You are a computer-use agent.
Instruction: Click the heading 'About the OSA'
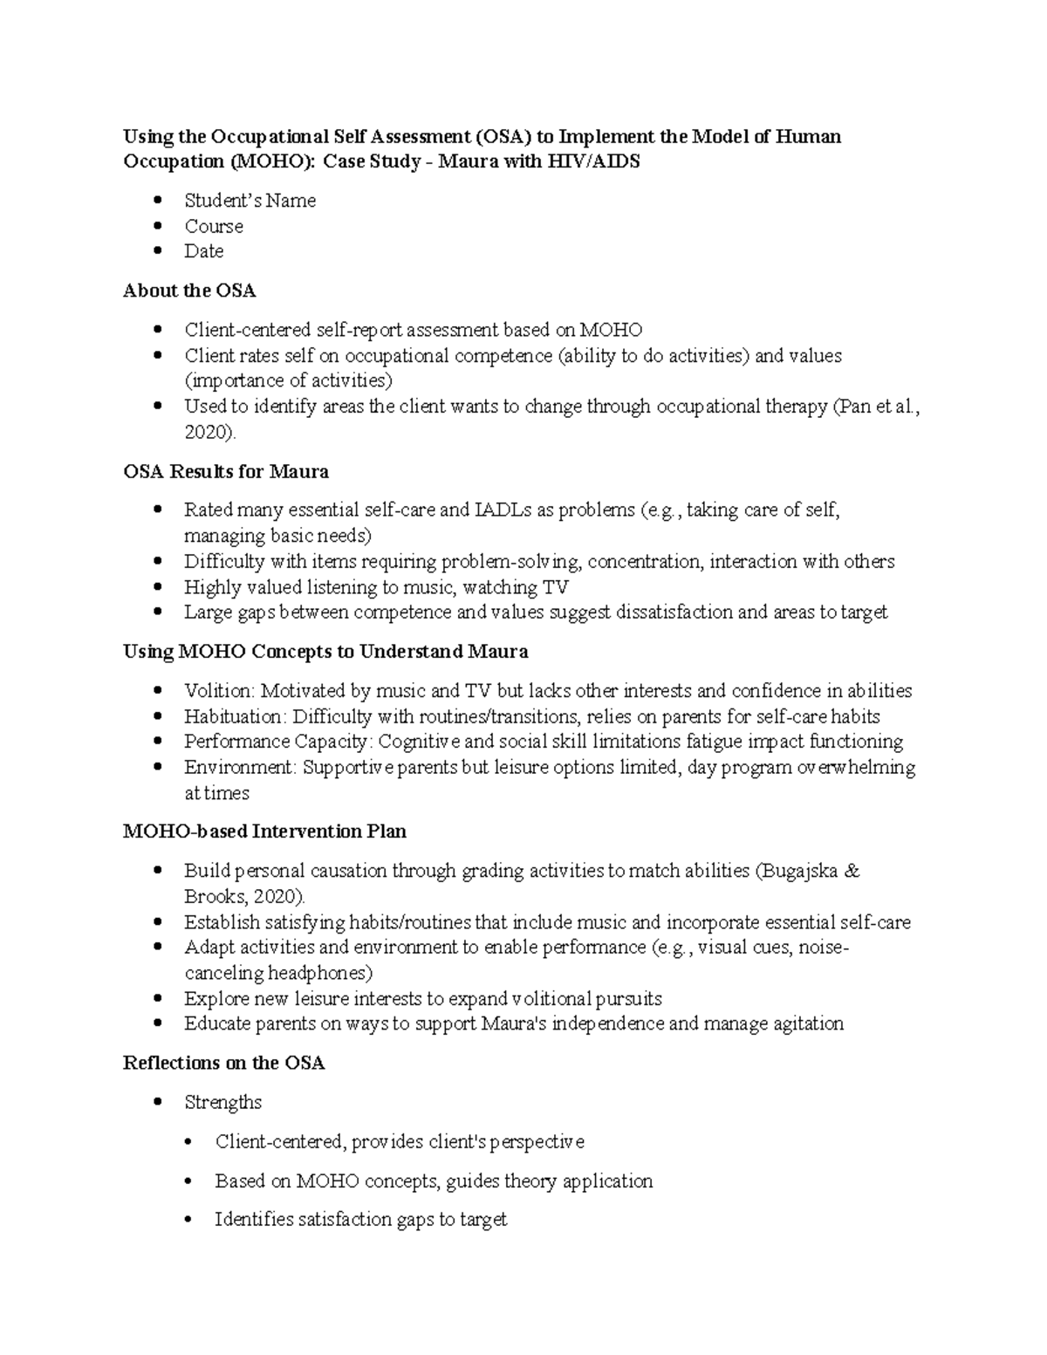click(189, 291)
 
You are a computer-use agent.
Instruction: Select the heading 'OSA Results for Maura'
click(226, 472)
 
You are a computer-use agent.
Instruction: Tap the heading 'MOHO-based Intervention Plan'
click(264, 831)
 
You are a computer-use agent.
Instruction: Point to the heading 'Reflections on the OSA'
click(224, 1063)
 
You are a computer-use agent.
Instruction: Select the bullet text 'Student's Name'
click(250, 201)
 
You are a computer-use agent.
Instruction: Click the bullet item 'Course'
click(214, 226)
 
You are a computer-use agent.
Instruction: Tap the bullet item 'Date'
click(203, 251)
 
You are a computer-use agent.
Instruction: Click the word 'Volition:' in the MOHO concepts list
click(219, 691)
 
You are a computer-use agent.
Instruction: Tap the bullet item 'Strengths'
click(222, 1103)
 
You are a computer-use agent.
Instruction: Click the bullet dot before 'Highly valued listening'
click(158, 587)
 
